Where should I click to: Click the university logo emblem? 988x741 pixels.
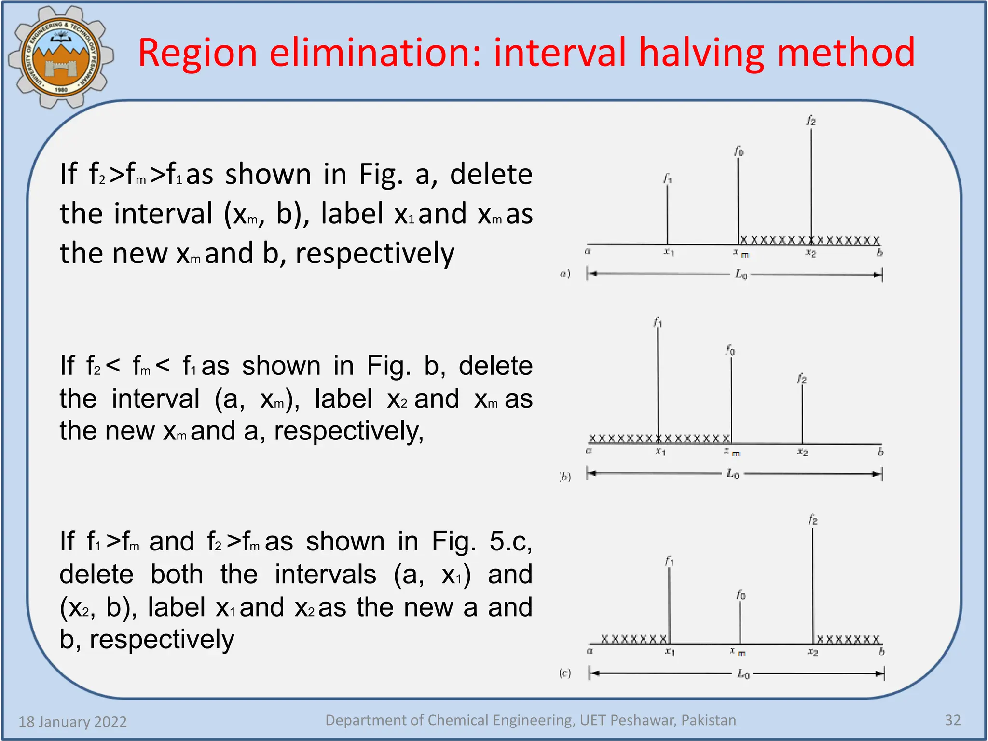pos(60,57)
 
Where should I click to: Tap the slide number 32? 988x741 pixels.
pos(952,720)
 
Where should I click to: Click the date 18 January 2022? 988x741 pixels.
pos(73,722)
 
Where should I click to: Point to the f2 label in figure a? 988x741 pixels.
pos(811,121)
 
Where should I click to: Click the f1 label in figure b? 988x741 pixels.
pos(658,322)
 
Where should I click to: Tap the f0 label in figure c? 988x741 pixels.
pos(741,595)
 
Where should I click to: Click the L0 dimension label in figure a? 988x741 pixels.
pos(741,274)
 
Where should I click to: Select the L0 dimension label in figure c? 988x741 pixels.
pos(743,673)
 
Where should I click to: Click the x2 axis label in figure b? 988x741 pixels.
pos(802,452)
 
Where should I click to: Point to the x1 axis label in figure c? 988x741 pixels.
pos(670,652)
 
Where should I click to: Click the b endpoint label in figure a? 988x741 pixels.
pos(879,253)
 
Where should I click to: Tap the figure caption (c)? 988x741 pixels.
pos(565,672)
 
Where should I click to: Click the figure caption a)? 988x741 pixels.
pos(565,274)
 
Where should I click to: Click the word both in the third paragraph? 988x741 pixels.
pos(177,575)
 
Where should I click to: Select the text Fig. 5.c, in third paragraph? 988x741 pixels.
pos(482,542)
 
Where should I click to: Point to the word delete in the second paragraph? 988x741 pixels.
pos(495,366)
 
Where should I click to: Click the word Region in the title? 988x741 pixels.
pos(197,53)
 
